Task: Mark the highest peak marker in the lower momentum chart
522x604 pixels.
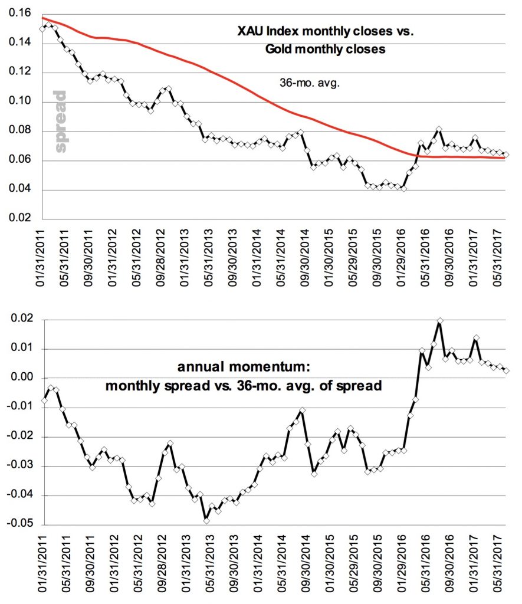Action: click(x=439, y=321)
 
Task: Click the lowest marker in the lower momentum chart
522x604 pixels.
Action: click(x=206, y=520)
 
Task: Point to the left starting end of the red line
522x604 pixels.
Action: click(x=43, y=18)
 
